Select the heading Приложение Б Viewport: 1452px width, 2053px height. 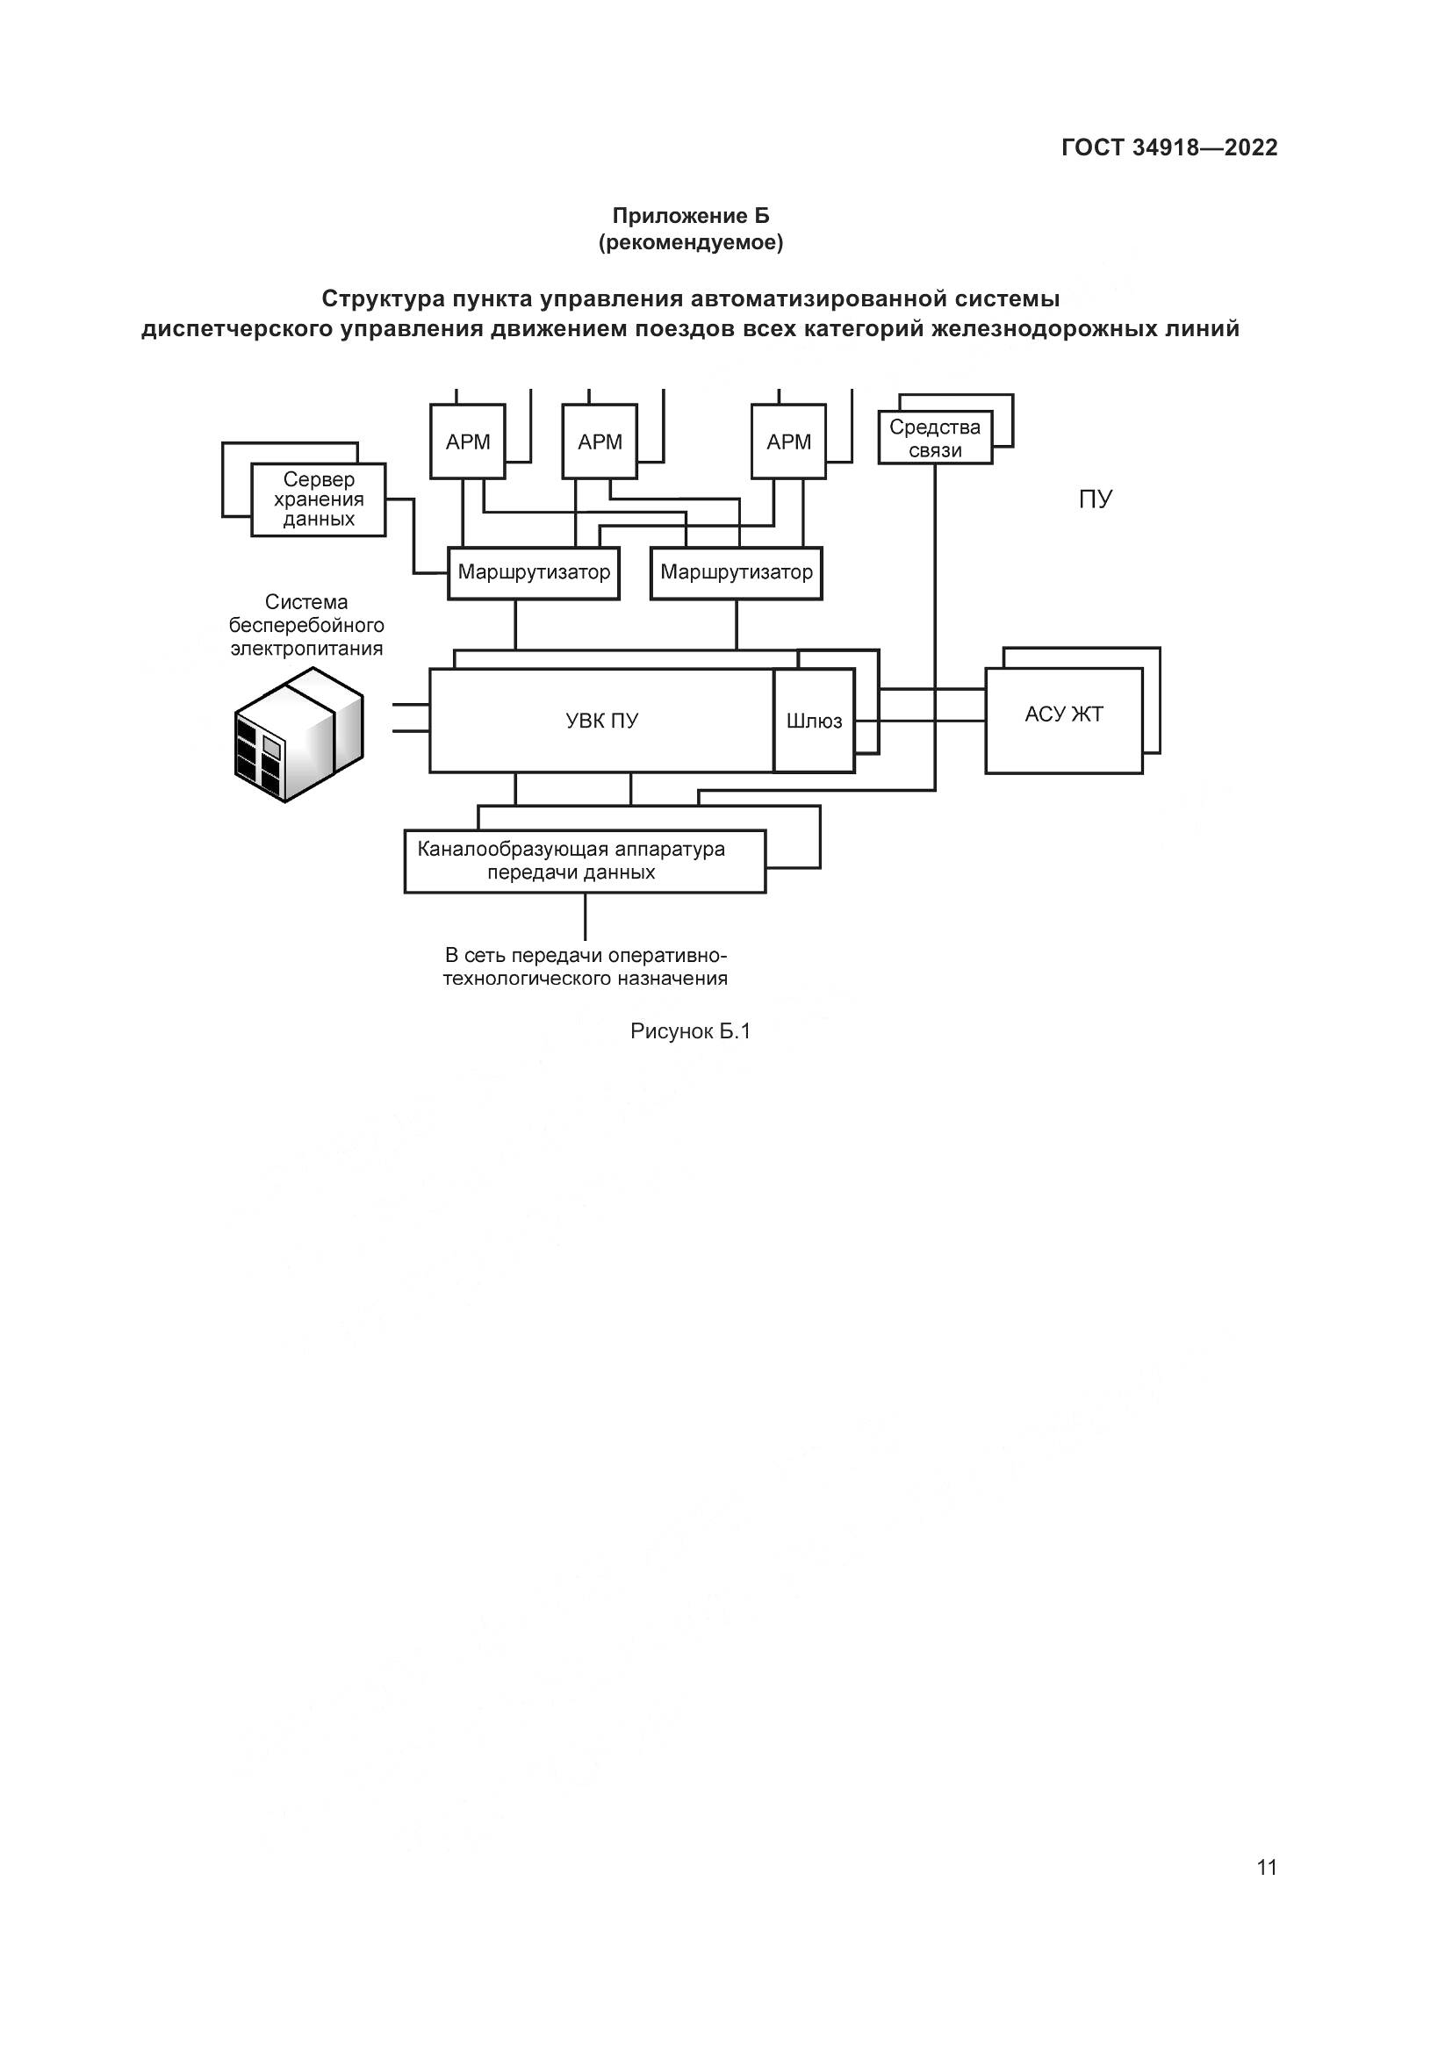point(690,216)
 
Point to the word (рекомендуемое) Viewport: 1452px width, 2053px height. point(690,242)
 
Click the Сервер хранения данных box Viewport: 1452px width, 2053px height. point(319,499)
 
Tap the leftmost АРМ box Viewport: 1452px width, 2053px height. point(468,441)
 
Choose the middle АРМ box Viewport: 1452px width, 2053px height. point(599,441)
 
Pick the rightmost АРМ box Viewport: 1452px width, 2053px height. point(788,441)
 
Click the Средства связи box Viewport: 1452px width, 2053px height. point(934,438)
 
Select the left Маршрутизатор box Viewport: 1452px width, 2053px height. point(534,572)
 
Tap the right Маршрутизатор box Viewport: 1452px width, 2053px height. point(736,572)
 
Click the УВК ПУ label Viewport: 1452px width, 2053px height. point(601,721)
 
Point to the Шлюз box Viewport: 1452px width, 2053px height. point(814,721)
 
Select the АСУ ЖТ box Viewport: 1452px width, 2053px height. point(1063,714)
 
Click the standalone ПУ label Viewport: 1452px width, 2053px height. point(1095,499)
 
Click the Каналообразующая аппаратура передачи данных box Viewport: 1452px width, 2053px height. point(585,861)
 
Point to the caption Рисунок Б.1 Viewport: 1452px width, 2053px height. point(690,1031)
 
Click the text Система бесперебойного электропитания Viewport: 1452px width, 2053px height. point(305,625)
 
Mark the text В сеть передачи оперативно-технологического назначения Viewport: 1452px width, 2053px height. point(585,966)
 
